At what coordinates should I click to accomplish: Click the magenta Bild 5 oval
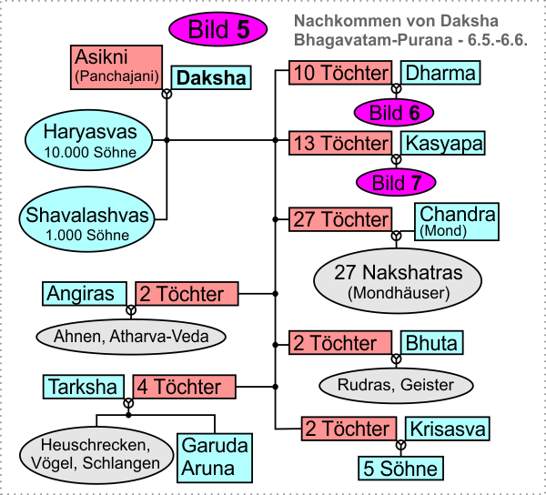tap(217, 29)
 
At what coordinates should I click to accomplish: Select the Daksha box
tap(210, 78)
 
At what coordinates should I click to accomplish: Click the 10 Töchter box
tap(341, 74)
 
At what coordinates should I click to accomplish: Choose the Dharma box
tap(440, 74)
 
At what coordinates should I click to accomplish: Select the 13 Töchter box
tap(341, 143)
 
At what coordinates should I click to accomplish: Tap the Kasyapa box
tap(443, 143)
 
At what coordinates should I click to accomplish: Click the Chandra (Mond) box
tap(458, 221)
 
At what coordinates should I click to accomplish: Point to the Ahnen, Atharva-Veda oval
tap(130, 337)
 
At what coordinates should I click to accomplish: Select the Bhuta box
tap(431, 343)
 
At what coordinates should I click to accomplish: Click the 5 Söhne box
tap(399, 470)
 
